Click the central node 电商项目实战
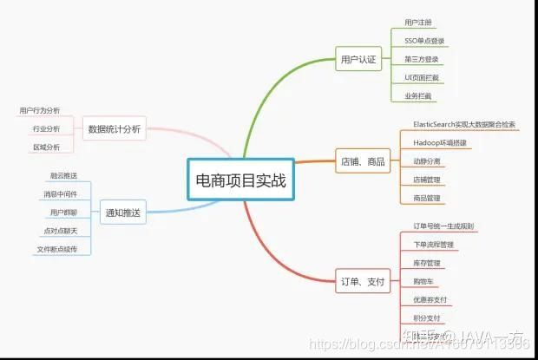point(241,180)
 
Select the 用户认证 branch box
point(358,60)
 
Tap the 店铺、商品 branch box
point(363,160)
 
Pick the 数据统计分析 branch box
point(115,129)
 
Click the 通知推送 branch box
point(122,211)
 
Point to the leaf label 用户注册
point(418,22)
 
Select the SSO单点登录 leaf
point(424,41)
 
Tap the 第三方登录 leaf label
point(422,60)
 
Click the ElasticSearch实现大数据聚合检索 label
point(464,124)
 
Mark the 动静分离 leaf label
point(427,161)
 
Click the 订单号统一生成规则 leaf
point(443,226)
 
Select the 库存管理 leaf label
point(427,262)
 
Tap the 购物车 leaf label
point(424,281)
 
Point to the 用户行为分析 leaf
point(40,111)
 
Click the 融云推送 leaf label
point(63,175)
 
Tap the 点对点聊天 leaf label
point(60,230)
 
